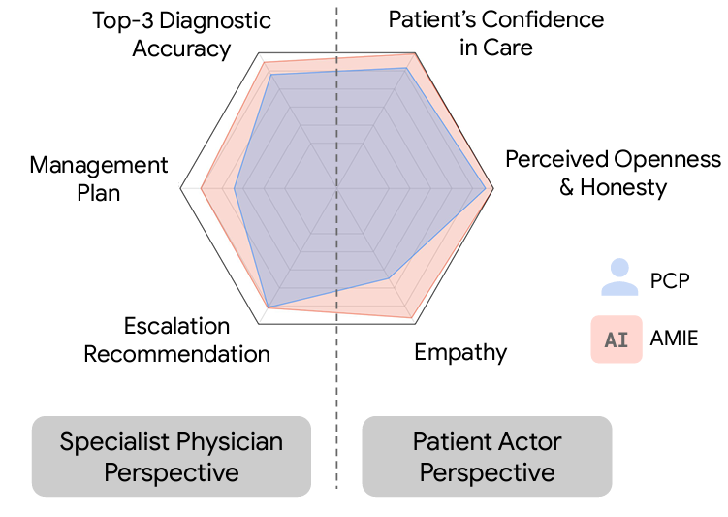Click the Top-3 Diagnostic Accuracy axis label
[x=181, y=34]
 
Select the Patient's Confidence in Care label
[x=495, y=32]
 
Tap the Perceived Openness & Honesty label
[x=613, y=173]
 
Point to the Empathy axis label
[x=459, y=351]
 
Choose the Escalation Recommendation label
[x=176, y=339]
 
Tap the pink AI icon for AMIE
[x=616, y=339]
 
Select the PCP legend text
[x=670, y=281]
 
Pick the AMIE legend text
[x=676, y=339]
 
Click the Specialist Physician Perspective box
[x=172, y=456]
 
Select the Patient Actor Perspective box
[x=487, y=456]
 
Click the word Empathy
[x=459, y=351]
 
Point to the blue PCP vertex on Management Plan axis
[x=235, y=189]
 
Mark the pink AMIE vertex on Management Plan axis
[x=201, y=189]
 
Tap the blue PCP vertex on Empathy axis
[x=389, y=279]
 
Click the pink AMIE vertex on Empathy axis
[x=411, y=318]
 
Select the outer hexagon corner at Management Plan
[x=182, y=189]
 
